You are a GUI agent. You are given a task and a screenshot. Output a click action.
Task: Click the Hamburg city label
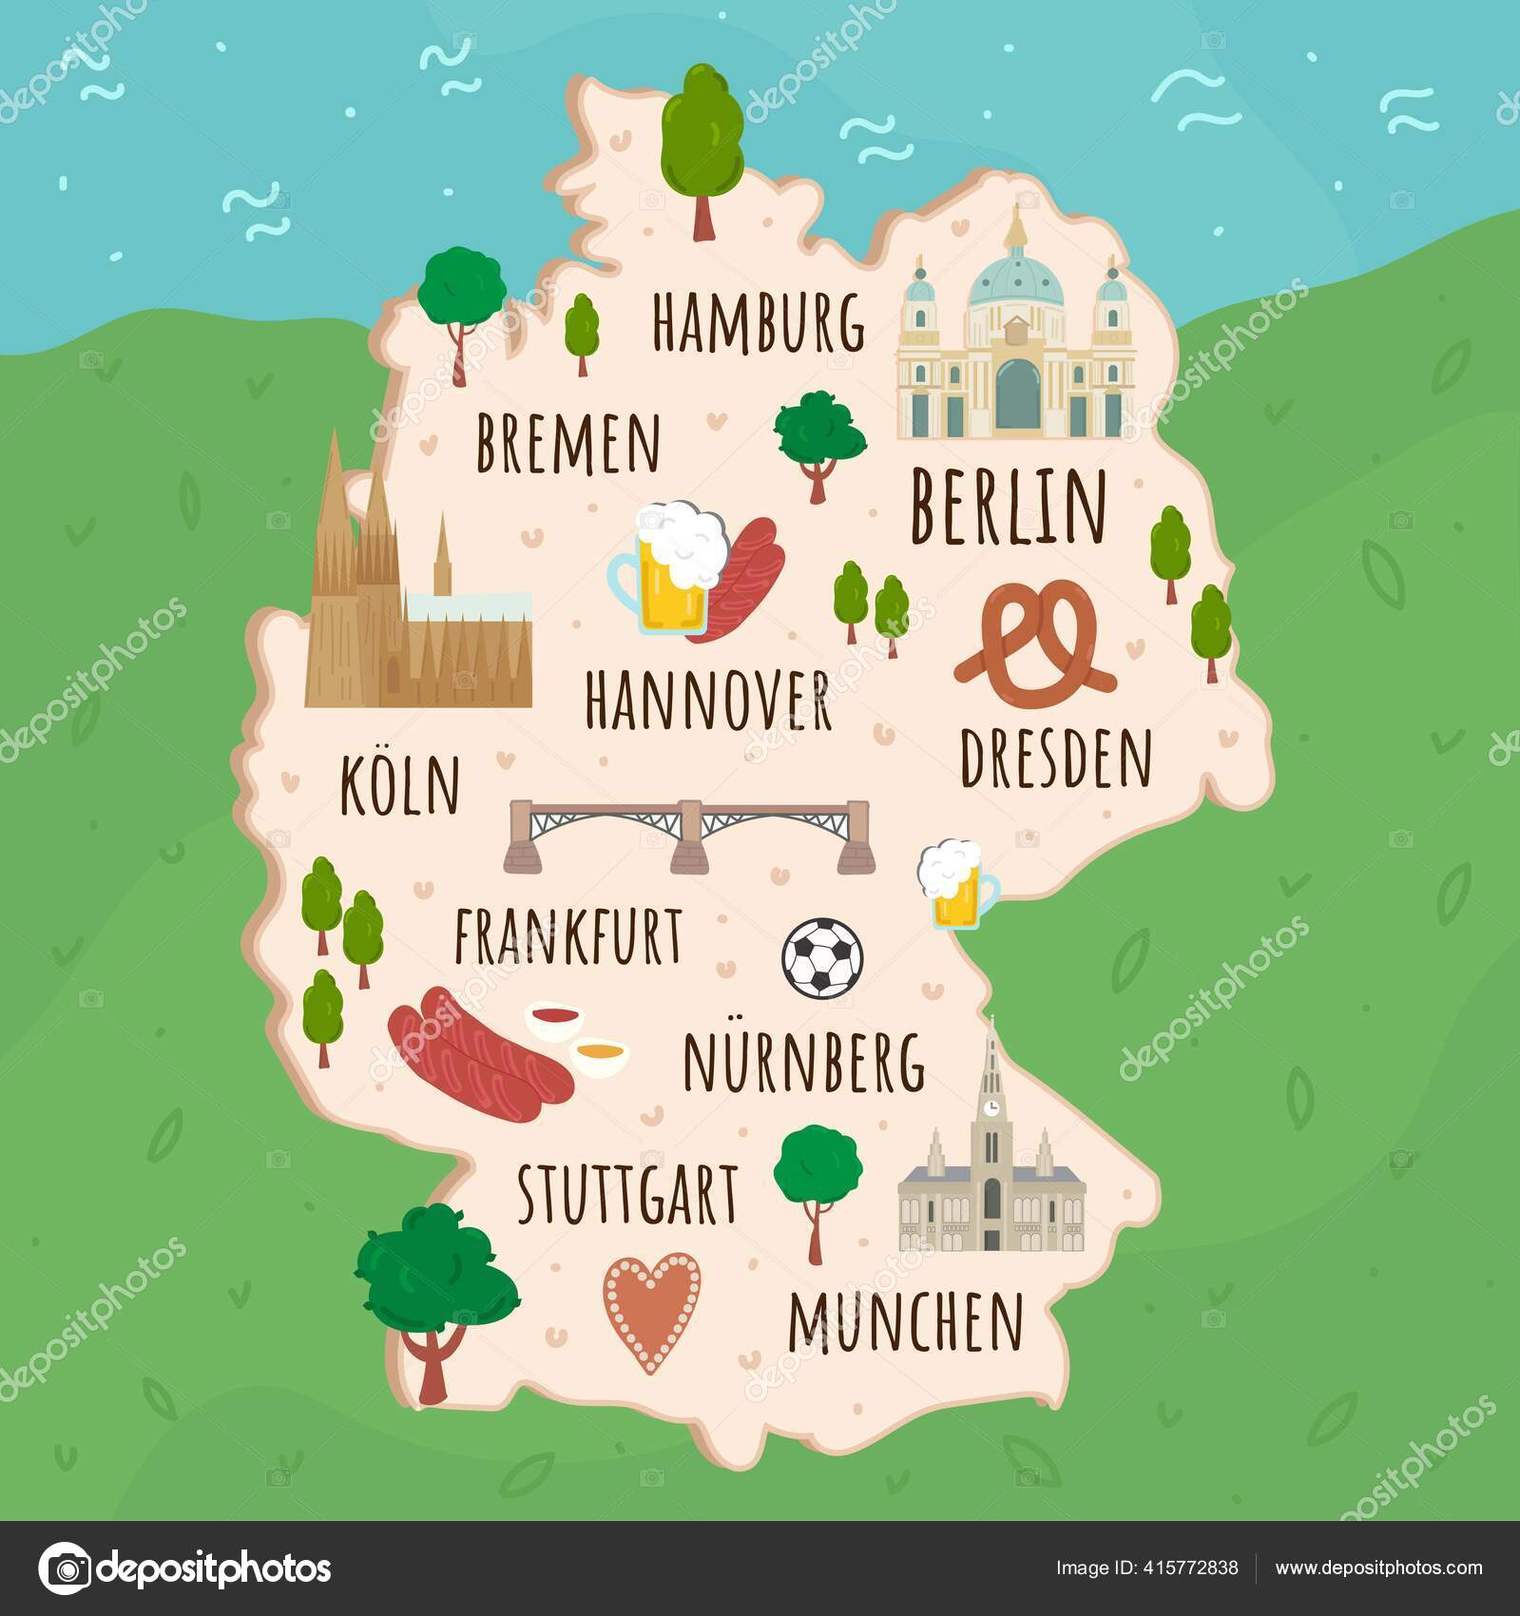[758, 322]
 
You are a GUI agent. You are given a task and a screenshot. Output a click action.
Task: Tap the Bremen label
[568, 443]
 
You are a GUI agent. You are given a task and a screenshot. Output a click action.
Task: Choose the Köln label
[400, 786]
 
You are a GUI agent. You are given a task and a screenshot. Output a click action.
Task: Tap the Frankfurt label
[568, 935]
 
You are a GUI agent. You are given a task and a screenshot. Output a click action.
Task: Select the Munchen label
[906, 1322]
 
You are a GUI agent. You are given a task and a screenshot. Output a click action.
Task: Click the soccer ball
[823, 957]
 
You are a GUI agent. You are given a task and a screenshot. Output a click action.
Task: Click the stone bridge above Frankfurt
[689, 835]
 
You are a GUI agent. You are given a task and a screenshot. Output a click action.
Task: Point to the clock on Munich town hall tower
[991, 1106]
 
